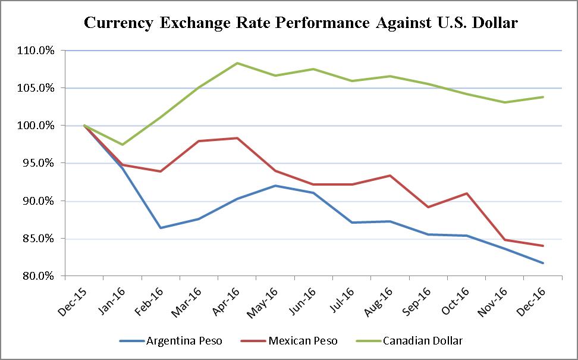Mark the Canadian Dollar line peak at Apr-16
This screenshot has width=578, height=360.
[x=237, y=63]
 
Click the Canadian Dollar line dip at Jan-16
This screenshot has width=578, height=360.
[x=122, y=145]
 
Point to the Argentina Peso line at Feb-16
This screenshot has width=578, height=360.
[x=161, y=228]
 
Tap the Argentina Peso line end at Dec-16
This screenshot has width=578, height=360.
[x=543, y=263]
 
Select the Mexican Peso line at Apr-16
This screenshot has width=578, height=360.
[x=237, y=138]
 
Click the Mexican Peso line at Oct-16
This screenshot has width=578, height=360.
[x=467, y=193]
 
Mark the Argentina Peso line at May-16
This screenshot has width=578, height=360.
[x=275, y=186]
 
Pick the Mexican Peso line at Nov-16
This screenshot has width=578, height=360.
[x=505, y=240]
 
